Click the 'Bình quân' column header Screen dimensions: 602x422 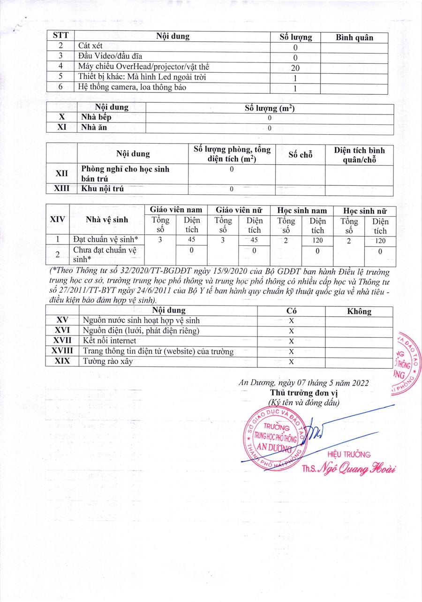click(x=355, y=38)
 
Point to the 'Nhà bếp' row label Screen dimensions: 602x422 click(x=96, y=118)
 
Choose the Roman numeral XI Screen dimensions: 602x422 click(x=62, y=128)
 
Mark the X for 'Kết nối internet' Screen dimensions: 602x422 click(x=291, y=341)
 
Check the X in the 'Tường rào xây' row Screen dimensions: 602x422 click(x=291, y=362)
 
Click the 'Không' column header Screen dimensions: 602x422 click(x=359, y=311)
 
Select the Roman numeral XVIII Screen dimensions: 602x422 click(x=62, y=351)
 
